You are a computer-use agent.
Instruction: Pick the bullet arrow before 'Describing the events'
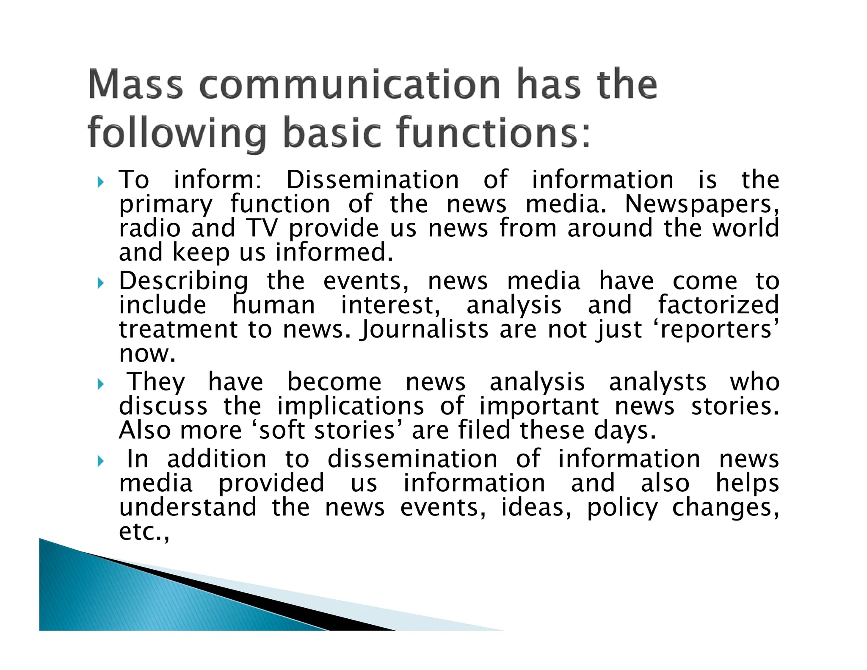(x=100, y=282)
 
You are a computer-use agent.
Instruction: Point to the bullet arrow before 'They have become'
(x=100, y=384)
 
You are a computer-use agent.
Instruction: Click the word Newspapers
(x=701, y=205)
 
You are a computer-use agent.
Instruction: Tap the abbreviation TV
(x=262, y=228)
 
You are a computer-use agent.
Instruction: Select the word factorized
(x=718, y=305)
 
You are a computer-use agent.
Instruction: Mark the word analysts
(x=657, y=382)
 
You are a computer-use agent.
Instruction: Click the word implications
(x=350, y=406)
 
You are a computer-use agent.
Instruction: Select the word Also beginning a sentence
(x=144, y=430)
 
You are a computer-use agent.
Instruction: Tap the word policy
(x=622, y=507)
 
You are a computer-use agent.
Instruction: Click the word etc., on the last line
(x=144, y=532)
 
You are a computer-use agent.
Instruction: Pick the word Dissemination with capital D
(x=373, y=180)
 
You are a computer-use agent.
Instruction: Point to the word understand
(x=188, y=507)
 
